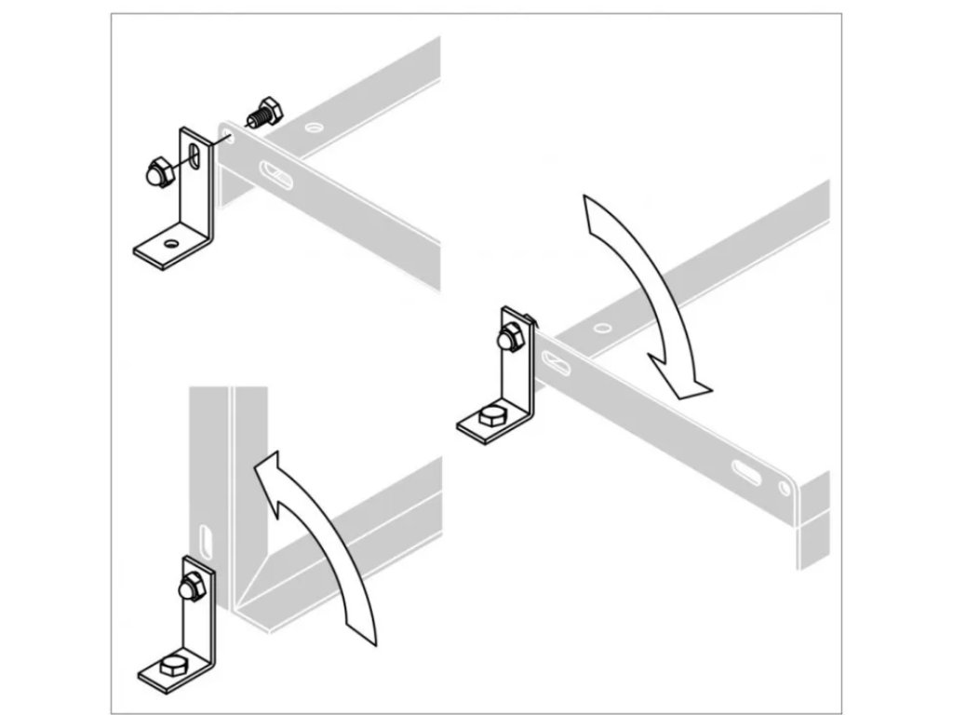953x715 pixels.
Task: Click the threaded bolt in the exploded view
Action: coord(263,114)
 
